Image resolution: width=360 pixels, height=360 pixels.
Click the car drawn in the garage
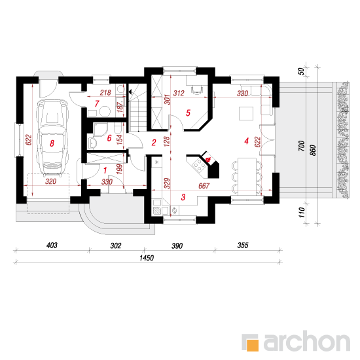[x=52, y=138]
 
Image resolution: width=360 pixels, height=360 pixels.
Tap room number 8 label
[x=52, y=143]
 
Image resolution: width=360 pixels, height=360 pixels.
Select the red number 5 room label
[x=188, y=113]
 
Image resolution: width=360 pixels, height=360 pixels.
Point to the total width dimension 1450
[x=147, y=258]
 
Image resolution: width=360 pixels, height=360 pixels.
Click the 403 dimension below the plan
[x=52, y=245]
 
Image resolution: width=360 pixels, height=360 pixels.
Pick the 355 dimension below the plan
[x=243, y=245]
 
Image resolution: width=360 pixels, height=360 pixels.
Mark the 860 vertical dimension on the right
[x=313, y=150]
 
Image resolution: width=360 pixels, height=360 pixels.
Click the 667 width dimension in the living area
[x=204, y=185]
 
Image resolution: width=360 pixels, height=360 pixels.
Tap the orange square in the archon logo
[x=253, y=345]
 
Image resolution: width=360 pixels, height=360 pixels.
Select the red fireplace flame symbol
[x=208, y=159]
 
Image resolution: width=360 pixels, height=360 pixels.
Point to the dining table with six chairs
[x=247, y=176]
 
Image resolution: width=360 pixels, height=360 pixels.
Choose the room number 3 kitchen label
[x=183, y=197]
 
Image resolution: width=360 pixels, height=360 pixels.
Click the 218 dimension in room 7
[x=105, y=92]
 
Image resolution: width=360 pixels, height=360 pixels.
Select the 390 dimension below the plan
[x=177, y=246]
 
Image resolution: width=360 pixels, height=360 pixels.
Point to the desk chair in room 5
[x=197, y=90]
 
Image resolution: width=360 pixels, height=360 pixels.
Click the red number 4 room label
[x=246, y=141]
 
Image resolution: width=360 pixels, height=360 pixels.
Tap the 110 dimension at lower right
[x=302, y=212]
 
